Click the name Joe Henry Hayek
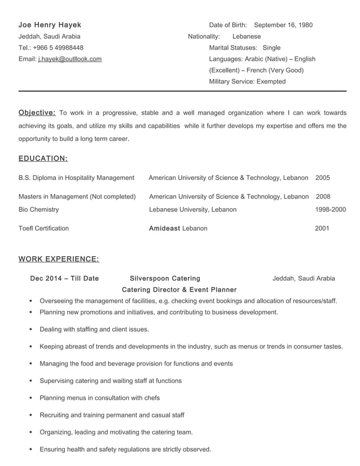(50, 25)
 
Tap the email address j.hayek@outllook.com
(70, 59)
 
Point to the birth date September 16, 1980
(283, 25)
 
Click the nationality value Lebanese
(247, 36)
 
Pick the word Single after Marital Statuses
(271, 47)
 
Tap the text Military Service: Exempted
(247, 81)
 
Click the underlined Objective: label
(37, 112)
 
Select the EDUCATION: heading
(43, 159)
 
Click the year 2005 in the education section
(323, 178)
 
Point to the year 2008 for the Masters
(323, 197)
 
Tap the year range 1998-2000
(330, 209)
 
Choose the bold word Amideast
(164, 228)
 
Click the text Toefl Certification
(43, 228)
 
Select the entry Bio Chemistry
(38, 209)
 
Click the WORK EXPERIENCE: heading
(59, 259)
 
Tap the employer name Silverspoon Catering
(165, 278)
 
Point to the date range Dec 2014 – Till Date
(64, 278)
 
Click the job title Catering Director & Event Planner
(179, 289)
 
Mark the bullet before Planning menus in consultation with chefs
(30, 398)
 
